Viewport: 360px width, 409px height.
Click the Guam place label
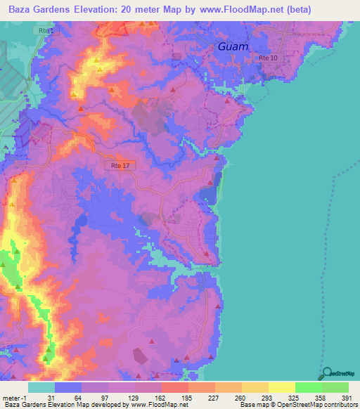tap(232, 46)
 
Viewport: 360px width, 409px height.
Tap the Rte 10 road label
tap(268, 58)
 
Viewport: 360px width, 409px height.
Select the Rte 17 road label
tap(120, 165)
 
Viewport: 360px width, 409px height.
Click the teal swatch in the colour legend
tap(41, 387)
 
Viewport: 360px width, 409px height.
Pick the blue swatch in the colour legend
tap(68, 387)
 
